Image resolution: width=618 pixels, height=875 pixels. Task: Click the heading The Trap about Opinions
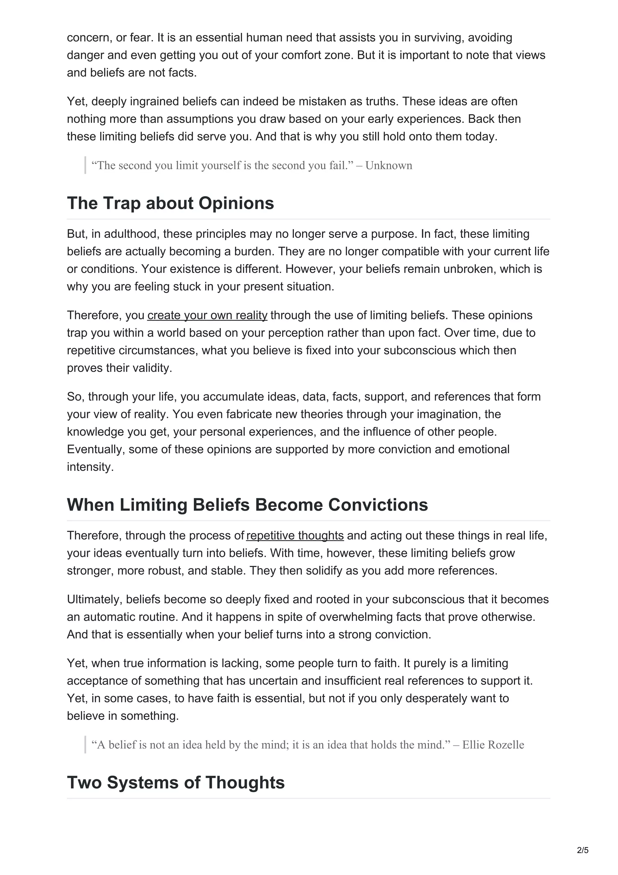(x=170, y=203)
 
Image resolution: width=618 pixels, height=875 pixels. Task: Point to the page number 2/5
(x=583, y=850)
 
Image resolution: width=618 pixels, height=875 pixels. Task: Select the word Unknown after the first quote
(x=389, y=165)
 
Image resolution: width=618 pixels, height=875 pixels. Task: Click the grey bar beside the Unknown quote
(x=85, y=165)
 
